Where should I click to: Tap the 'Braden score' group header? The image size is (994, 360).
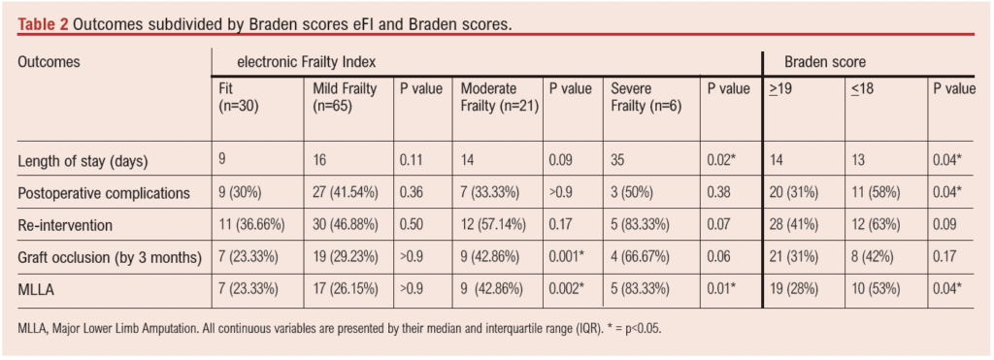click(812, 61)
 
